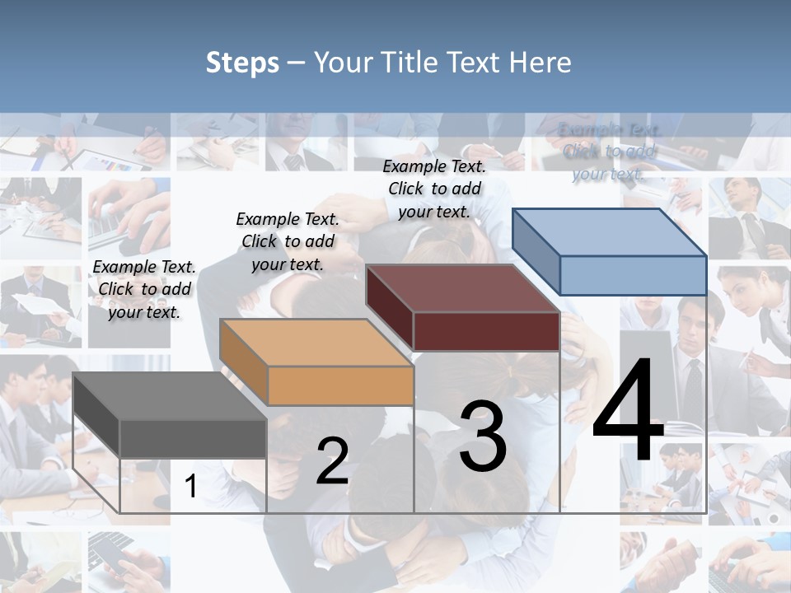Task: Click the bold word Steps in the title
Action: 242,63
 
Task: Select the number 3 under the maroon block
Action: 483,437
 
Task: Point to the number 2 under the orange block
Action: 332,460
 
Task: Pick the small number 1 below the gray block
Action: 190,487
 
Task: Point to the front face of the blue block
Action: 633,275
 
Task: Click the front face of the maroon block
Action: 486,331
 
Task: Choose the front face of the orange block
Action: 340,385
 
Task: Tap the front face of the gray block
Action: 193,438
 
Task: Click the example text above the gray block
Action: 144,289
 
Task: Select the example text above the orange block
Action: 288,241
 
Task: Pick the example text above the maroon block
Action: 434,189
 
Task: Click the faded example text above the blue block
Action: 609,152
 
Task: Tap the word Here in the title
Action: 541,63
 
